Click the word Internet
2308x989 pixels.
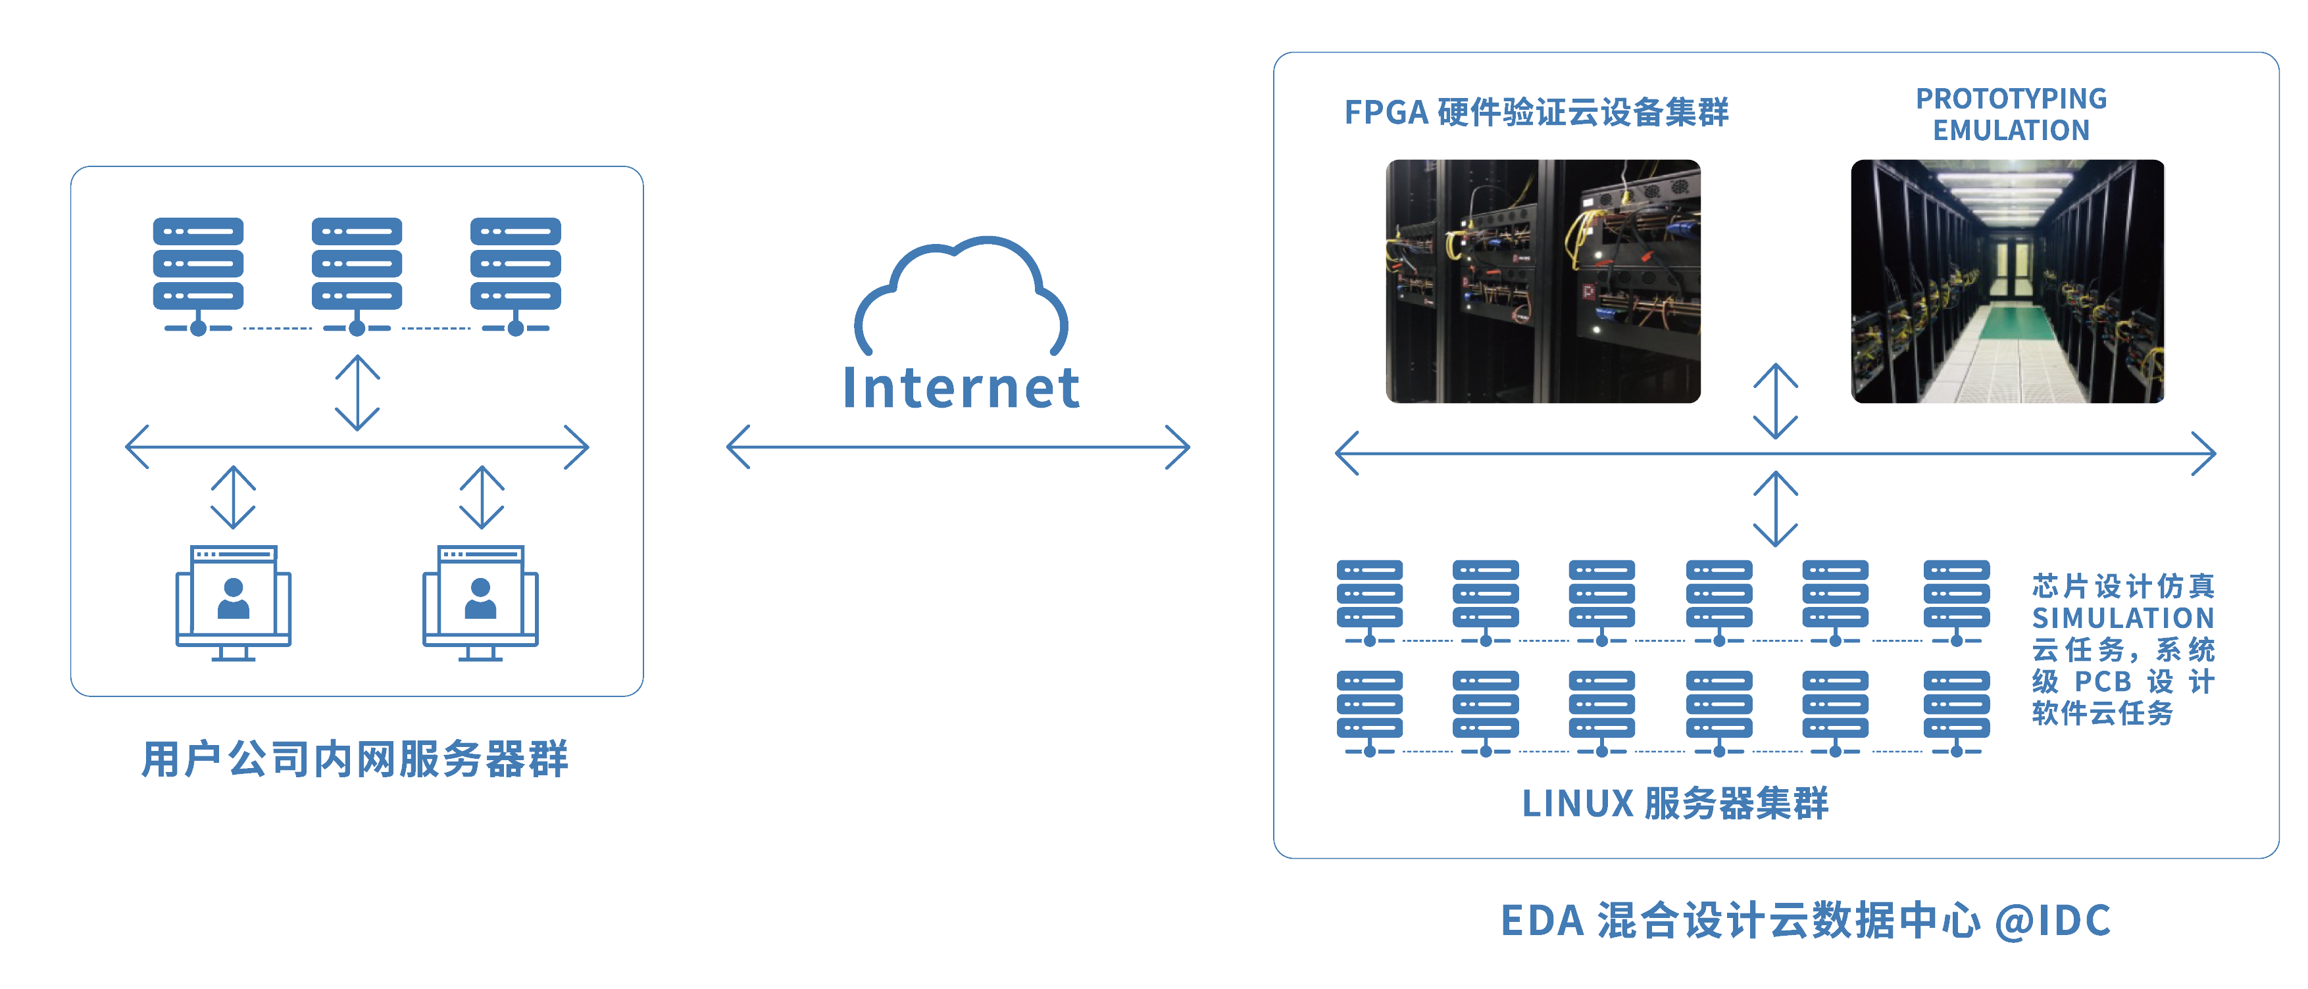coord(961,388)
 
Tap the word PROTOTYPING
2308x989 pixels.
coord(2011,99)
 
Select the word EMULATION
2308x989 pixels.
coord(2011,131)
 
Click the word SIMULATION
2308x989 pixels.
coord(2122,618)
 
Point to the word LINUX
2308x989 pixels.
coord(1578,804)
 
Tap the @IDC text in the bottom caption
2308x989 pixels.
coord(2053,921)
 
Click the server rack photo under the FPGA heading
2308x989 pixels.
coord(1543,281)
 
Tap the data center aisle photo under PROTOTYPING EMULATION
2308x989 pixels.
coord(2008,281)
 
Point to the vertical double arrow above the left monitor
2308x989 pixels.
coord(234,496)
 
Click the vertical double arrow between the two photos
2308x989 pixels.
coord(1775,400)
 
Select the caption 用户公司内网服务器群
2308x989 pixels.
coord(355,760)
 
